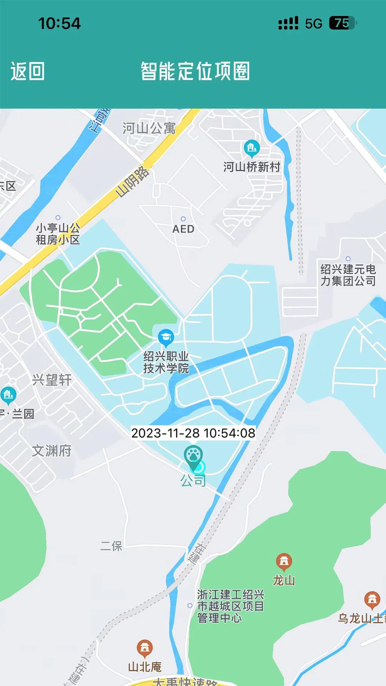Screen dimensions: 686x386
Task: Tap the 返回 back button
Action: (x=28, y=71)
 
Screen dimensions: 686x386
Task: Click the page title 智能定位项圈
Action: (x=195, y=71)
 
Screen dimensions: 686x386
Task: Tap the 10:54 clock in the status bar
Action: (x=59, y=24)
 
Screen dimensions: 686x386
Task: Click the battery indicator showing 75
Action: (x=342, y=23)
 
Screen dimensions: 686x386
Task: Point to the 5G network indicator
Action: (x=313, y=24)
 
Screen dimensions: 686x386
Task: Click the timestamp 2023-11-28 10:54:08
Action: (x=193, y=433)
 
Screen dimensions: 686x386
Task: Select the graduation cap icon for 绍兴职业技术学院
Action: (x=166, y=337)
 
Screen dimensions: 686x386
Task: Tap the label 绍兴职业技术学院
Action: (x=166, y=362)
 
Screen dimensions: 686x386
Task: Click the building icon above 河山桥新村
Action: (x=252, y=148)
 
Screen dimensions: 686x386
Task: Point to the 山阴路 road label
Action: (x=132, y=182)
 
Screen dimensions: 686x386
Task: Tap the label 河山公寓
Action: (x=149, y=128)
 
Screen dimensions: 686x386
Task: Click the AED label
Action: (x=183, y=229)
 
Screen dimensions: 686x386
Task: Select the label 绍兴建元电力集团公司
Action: (x=348, y=275)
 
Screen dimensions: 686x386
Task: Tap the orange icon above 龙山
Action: (x=284, y=561)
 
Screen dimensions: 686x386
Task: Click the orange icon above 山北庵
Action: (x=145, y=647)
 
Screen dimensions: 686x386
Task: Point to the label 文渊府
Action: (x=52, y=451)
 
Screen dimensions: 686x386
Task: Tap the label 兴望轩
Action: (x=52, y=380)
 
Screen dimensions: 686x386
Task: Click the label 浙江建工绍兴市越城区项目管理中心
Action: (x=231, y=606)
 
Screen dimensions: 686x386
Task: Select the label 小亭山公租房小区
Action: (x=58, y=234)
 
